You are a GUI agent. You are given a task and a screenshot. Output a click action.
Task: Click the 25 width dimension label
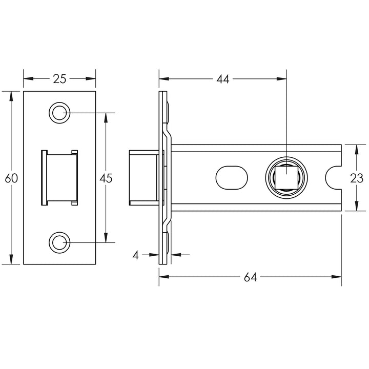pos(60,78)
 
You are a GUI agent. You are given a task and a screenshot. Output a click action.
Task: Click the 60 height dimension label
pos(11,178)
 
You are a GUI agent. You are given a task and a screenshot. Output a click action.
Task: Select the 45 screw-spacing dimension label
pos(106,178)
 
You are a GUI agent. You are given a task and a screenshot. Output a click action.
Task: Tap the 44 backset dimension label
pos(222,78)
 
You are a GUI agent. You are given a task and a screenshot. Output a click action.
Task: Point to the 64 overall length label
pos(250,277)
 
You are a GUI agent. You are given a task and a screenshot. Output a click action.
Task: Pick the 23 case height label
pos(357,178)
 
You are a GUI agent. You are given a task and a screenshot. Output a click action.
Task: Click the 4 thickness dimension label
pos(136,254)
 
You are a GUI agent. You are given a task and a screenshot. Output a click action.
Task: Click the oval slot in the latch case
pos(231,177)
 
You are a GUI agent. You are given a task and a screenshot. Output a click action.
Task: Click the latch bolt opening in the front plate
pos(59,177)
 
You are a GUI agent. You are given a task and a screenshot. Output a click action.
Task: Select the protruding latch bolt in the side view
pos(141,177)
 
